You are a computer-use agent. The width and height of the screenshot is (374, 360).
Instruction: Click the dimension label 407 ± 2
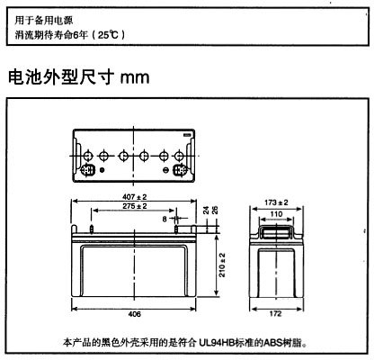point(135,197)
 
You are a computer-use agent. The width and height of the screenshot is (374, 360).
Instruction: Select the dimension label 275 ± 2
point(135,206)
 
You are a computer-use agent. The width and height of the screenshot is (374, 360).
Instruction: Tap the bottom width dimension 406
point(134,314)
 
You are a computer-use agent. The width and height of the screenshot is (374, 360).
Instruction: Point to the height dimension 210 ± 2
point(222,265)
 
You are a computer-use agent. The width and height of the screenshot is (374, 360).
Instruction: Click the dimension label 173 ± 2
point(276,202)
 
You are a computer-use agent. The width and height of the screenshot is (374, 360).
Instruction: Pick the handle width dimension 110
point(276,214)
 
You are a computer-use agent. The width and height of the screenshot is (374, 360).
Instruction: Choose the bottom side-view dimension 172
point(275,314)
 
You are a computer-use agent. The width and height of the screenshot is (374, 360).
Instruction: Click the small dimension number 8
point(165,220)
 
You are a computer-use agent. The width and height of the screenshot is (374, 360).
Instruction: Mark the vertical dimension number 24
point(206,210)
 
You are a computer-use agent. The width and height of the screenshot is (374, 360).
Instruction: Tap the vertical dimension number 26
point(215,210)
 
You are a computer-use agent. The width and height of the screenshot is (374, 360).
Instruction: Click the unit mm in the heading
point(135,77)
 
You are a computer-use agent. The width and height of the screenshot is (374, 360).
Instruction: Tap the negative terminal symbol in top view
point(165,170)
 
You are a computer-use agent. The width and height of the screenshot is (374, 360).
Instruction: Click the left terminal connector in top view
point(88,170)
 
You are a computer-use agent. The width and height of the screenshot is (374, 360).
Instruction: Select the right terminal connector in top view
point(181,170)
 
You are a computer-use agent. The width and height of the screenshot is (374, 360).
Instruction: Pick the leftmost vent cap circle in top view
point(88,156)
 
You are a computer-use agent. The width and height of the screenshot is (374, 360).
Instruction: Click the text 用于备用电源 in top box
point(44,21)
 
